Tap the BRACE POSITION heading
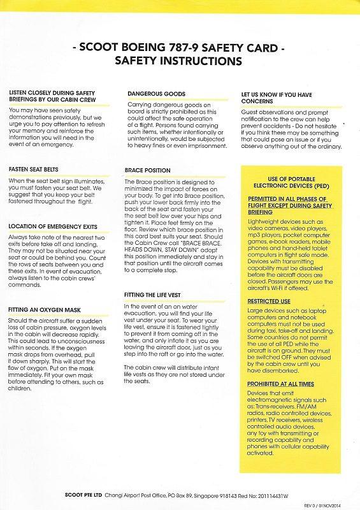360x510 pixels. [x=148, y=170]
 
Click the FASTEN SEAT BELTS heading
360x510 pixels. [x=34, y=170]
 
